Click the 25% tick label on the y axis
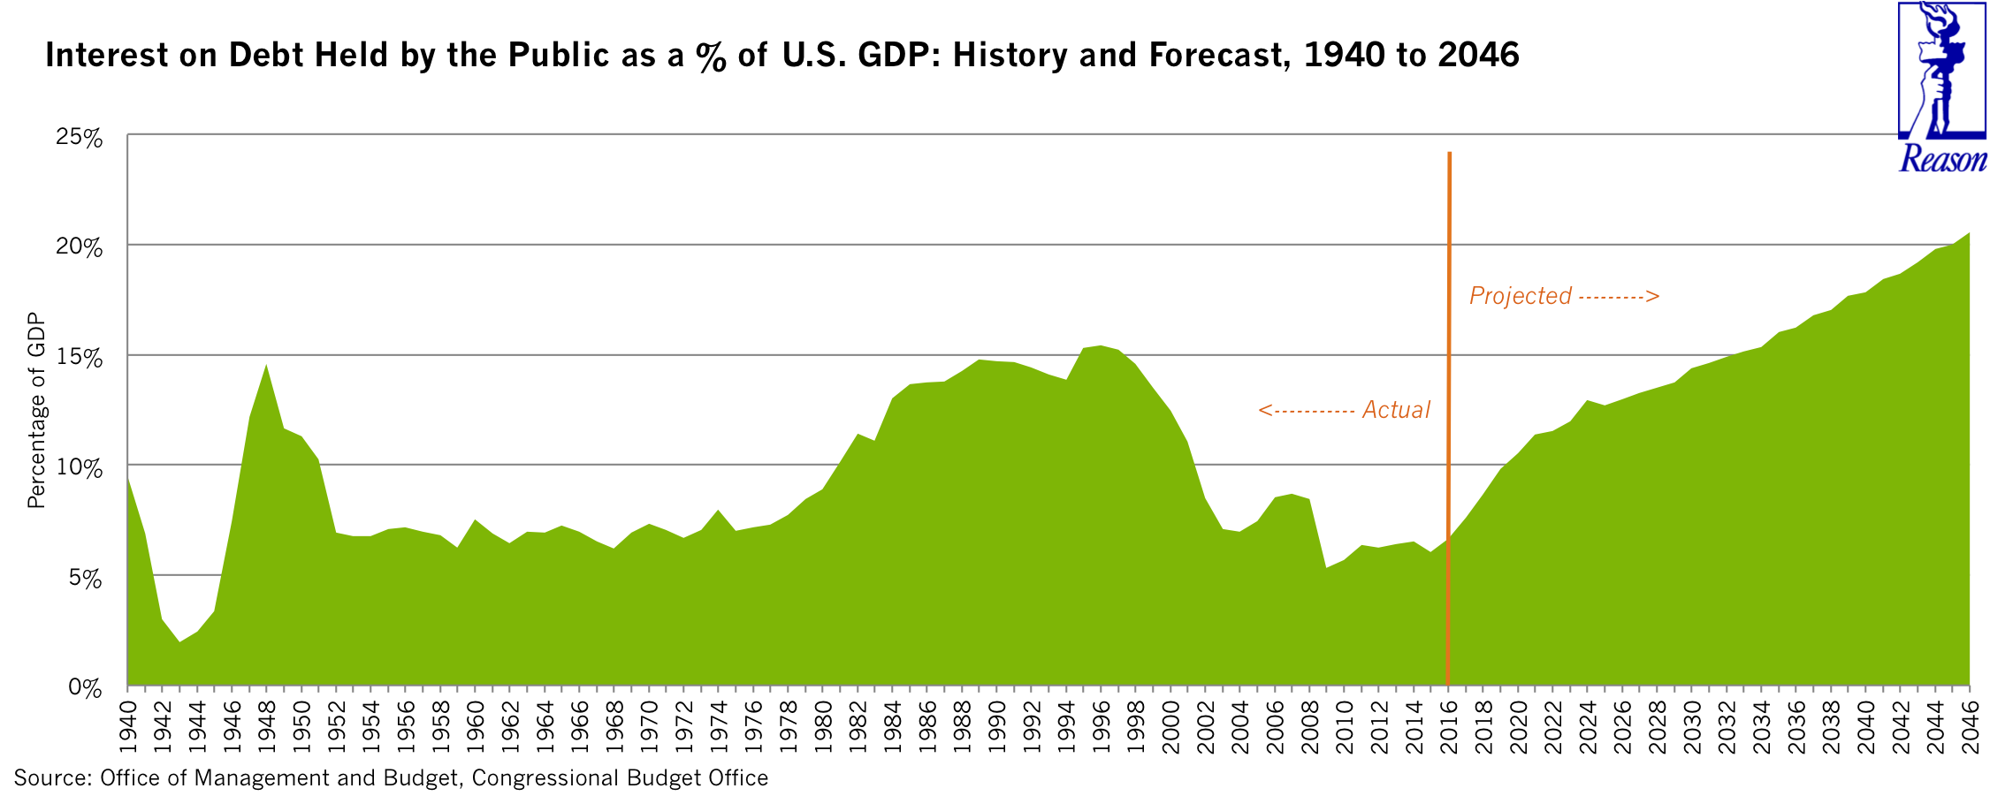click(x=79, y=138)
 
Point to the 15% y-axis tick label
click(x=79, y=358)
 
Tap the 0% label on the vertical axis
click(x=85, y=688)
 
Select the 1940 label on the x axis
click(x=127, y=727)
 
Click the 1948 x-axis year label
click(x=266, y=727)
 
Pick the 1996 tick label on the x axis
click(x=1101, y=727)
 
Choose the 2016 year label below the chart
click(x=1448, y=727)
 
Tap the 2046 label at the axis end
click(x=1970, y=727)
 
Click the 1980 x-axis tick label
click(x=822, y=727)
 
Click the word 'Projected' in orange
click(x=1520, y=296)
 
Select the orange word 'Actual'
click(x=1396, y=410)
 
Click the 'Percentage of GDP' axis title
click(x=36, y=411)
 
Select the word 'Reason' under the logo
click(x=1942, y=159)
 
